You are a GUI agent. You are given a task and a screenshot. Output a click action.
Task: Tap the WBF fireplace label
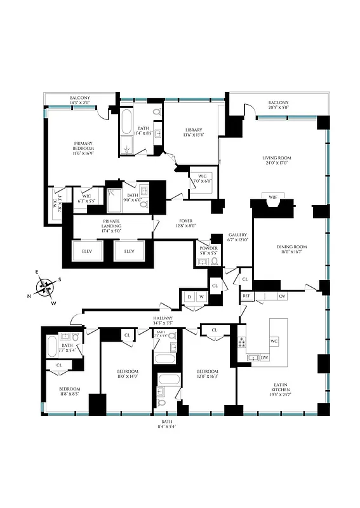coord(273,197)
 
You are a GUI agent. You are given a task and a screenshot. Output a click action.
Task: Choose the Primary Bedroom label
coord(83,149)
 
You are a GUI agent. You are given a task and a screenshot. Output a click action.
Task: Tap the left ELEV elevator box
coord(87,251)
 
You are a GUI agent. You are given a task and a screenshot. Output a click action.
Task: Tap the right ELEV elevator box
coord(129,251)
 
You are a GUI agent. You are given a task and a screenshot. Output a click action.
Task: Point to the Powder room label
coord(208,250)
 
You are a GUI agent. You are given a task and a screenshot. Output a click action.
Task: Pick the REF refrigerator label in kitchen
coord(246,296)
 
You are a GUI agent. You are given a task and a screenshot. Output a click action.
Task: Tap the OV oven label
coord(283,296)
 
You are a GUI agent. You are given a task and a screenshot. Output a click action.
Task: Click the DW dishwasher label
coord(264,358)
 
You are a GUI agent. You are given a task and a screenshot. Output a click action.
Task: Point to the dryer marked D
coord(189,297)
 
